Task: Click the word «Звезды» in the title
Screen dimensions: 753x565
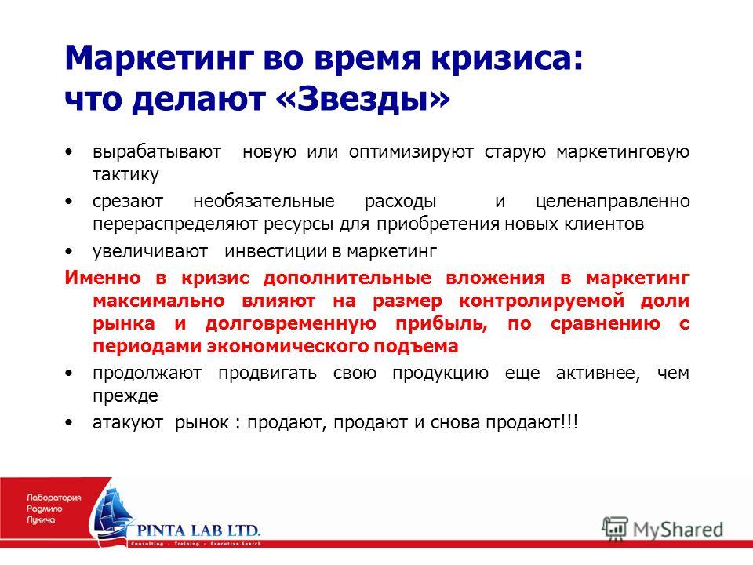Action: [x=363, y=99]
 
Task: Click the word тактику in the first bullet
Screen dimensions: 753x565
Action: [x=125, y=174]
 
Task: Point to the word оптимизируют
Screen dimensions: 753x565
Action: [x=411, y=152]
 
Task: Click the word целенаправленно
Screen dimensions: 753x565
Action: [x=613, y=202]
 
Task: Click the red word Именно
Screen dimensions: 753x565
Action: [x=103, y=278]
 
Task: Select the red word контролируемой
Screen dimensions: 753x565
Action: [x=542, y=301]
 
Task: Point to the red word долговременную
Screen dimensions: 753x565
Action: [x=290, y=324]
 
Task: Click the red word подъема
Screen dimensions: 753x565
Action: [x=416, y=346]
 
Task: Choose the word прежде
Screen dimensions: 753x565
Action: [x=125, y=395]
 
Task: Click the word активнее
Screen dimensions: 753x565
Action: [x=598, y=374]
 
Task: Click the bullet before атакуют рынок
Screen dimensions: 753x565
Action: [x=70, y=423]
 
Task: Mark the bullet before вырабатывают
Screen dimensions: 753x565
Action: [x=70, y=152]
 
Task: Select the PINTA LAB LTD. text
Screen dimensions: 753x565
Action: [x=198, y=531]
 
